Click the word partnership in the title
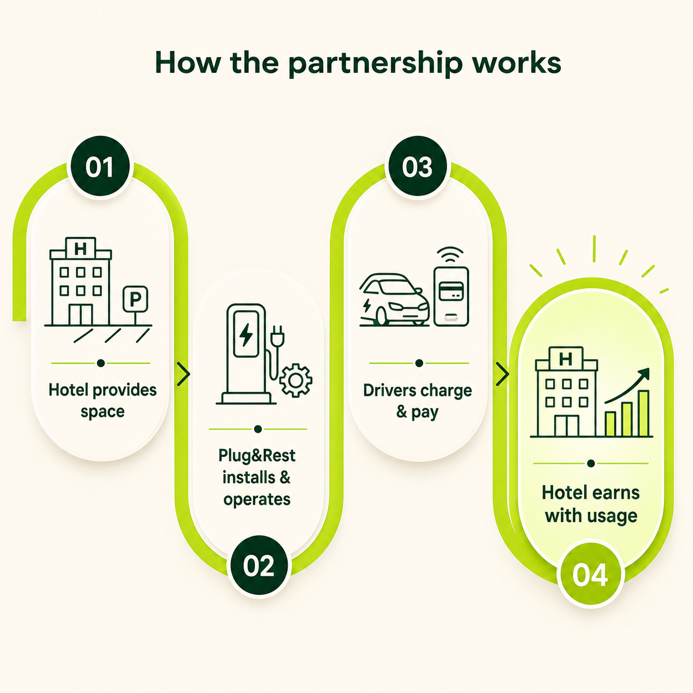tap(375, 64)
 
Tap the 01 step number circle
tap(99, 167)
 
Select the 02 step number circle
tap(259, 566)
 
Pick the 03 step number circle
tap(417, 167)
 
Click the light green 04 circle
tap(590, 575)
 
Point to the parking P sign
tap(135, 299)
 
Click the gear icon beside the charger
tap(296, 380)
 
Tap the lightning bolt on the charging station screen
tap(246, 334)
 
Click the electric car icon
tap(395, 300)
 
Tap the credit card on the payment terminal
tap(451, 291)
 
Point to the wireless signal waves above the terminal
tap(450, 255)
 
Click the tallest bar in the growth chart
tap(643, 413)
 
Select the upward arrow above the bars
tap(628, 386)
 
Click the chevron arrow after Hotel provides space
tap(183, 374)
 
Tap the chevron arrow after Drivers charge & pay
tap(502, 374)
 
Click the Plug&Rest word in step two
tap(257, 456)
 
